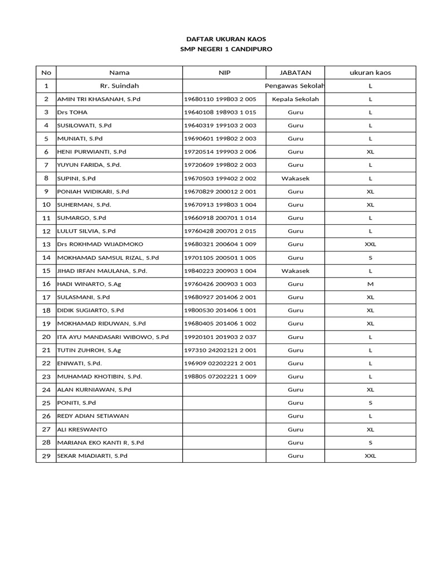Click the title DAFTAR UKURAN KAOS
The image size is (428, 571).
click(226, 39)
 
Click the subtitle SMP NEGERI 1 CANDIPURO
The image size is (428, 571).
click(226, 49)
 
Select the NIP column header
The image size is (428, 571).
click(224, 72)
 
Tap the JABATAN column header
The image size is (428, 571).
click(295, 72)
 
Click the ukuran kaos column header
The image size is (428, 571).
click(370, 72)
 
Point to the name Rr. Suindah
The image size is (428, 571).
click(119, 86)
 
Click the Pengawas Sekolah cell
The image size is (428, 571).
click(295, 86)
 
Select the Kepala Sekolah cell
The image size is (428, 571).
click(295, 99)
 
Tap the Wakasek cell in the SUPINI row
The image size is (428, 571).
click(295, 178)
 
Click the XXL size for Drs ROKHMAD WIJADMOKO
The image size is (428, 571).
click(370, 244)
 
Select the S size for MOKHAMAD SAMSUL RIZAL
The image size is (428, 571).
click(370, 258)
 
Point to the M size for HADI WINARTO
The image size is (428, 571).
click(370, 284)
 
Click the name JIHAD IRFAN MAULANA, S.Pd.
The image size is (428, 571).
click(102, 271)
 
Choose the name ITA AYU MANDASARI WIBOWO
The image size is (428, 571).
click(113, 337)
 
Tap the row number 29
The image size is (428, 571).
click(46, 456)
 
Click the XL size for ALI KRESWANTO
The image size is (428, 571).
click(370, 429)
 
